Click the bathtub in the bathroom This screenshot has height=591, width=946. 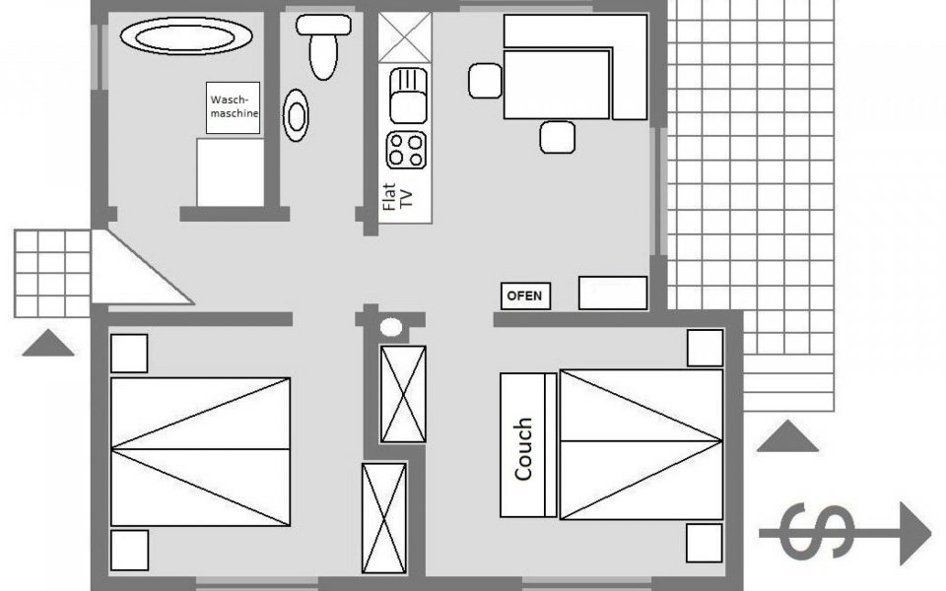coord(186,37)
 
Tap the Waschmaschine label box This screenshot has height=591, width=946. coord(233,107)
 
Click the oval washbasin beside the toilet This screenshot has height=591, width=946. coord(296,116)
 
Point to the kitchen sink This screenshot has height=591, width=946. coord(408,96)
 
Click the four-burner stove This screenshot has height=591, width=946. coord(406,150)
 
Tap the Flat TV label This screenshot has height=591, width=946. coord(397,197)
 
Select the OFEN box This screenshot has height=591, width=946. coord(525,296)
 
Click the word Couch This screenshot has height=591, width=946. coord(523,449)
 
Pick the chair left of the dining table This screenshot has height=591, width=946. coord(485,80)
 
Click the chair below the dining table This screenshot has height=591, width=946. coord(557,137)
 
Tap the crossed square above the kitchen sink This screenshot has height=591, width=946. coord(405,37)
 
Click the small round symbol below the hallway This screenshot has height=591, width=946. coord(391,327)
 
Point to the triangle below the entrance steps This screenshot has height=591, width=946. coord(48,343)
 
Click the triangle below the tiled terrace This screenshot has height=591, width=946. coord(787,436)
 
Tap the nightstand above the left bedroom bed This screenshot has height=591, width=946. coord(129,354)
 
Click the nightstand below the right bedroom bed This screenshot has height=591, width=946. coord(704,543)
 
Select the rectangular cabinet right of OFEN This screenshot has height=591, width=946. coord(613,294)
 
